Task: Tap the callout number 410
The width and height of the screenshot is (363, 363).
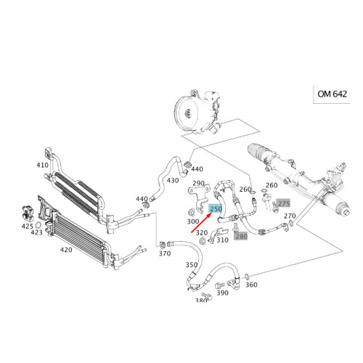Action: click(x=43, y=165)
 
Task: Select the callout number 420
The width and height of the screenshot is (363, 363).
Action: click(x=65, y=249)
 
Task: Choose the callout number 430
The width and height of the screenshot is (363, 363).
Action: click(x=173, y=180)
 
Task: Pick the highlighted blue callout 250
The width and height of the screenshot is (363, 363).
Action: click(x=216, y=209)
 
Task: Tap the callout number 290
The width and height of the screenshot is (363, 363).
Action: click(x=198, y=184)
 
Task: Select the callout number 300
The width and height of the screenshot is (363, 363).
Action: click(x=193, y=221)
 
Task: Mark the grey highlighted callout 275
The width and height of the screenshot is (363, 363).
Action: click(x=284, y=203)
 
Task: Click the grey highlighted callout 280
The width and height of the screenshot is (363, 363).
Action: click(x=242, y=235)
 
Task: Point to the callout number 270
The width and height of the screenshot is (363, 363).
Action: click(x=289, y=216)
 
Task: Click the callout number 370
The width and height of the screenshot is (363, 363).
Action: click(x=165, y=253)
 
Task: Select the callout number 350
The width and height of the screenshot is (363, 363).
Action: click(x=191, y=266)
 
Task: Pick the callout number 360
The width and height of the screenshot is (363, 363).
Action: click(x=251, y=285)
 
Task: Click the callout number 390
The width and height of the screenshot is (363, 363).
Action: click(x=222, y=293)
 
